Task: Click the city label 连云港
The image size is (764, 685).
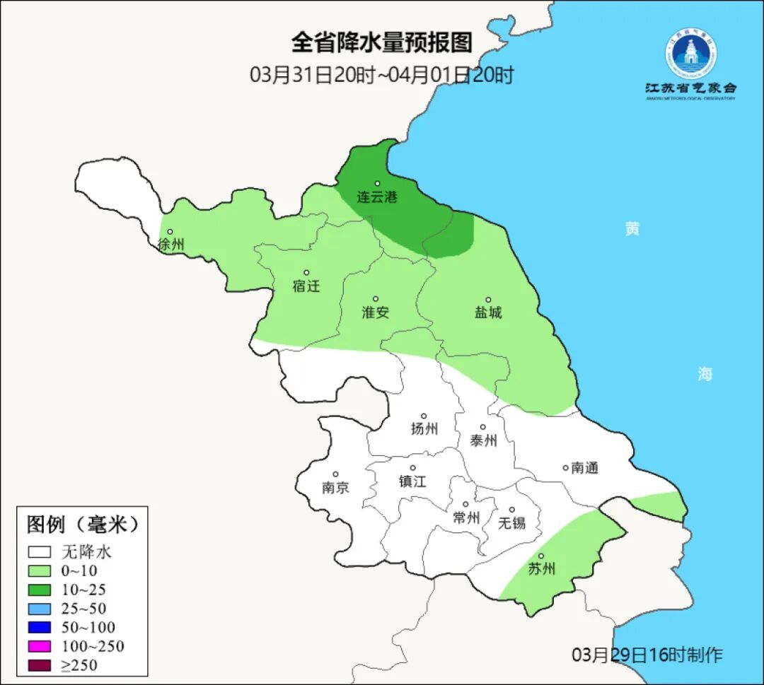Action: point(377,197)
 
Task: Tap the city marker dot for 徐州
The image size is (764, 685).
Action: point(170,231)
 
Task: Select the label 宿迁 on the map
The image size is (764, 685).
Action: point(306,286)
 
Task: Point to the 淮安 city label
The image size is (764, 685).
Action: point(376,312)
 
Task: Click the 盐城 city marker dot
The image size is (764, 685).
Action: point(487,300)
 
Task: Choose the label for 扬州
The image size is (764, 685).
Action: point(424,429)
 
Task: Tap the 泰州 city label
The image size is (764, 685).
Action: point(483,441)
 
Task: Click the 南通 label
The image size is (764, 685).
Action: point(584,468)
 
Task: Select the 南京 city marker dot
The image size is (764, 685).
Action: point(335,475)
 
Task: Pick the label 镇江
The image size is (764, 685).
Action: point(412,481)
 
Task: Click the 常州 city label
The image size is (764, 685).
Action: point(466,518)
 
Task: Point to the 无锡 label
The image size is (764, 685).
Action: point(512,523)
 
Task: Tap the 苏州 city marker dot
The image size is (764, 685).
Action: point(541,556)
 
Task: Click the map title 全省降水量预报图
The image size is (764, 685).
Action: point(381,43)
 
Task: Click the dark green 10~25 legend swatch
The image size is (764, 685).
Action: point(40,590)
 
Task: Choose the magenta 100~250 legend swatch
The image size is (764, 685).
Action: point(40,646)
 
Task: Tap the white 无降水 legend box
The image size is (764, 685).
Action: point(40,552)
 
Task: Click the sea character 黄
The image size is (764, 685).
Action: point(632,228)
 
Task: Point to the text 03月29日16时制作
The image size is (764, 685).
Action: point(647,655)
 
